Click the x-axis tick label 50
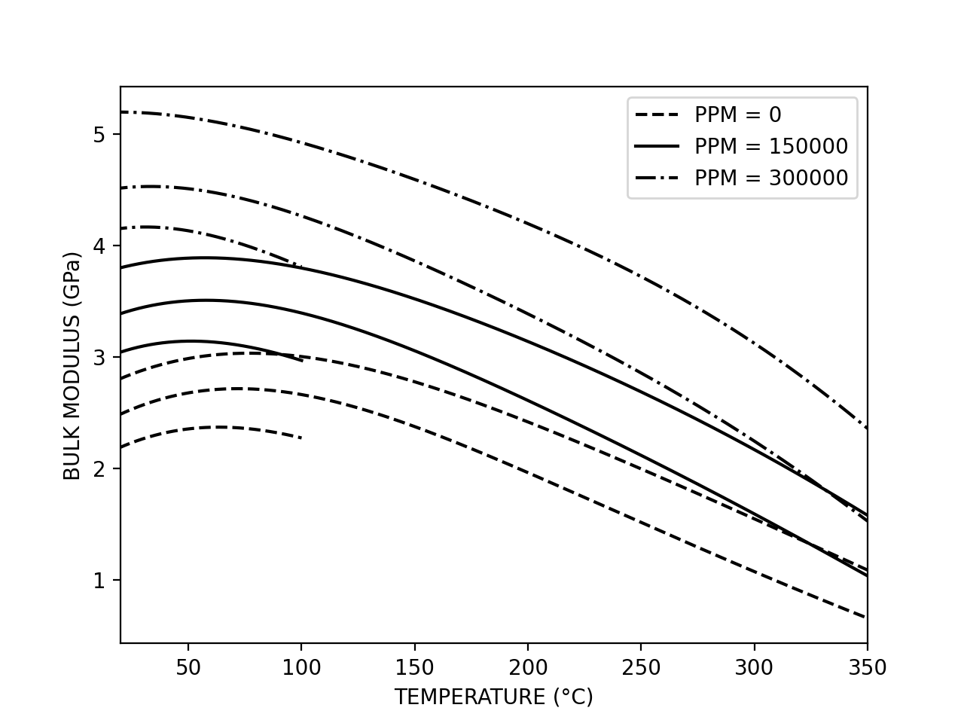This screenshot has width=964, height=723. (188, 668)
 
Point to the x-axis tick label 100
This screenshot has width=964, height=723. (301, 668)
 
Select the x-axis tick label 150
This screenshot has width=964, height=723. (415, 668)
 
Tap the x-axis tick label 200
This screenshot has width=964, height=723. (528, 668)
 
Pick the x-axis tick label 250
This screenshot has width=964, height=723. (641, 668)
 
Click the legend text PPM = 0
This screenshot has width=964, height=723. (737, 115)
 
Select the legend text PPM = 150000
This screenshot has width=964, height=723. (770, 146)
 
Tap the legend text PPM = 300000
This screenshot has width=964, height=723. (770, 178)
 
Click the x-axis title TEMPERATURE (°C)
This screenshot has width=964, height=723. (493, 697)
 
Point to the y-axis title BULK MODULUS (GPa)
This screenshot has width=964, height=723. (72, 365)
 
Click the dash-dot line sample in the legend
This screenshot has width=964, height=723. (657, 178)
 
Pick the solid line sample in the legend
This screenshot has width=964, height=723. (657, 146)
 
